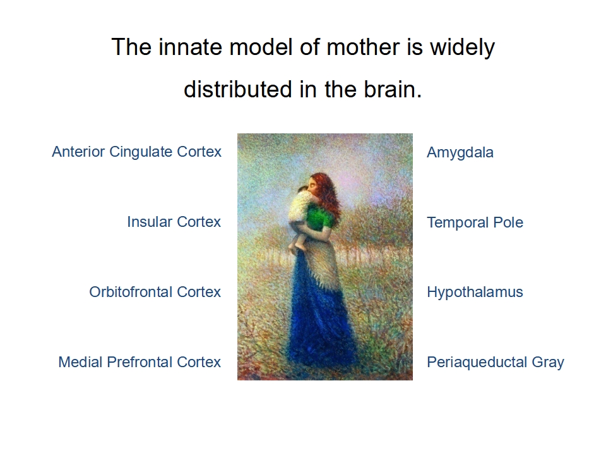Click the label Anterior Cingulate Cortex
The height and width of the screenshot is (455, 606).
137,152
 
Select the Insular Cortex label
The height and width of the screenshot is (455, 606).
174,222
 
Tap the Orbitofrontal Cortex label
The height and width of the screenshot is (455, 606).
155,292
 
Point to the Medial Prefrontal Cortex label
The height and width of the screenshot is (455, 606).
140,361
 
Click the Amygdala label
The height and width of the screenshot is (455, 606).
460,153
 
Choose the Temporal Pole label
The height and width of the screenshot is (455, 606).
475,222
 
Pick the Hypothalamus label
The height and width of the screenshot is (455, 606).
475,293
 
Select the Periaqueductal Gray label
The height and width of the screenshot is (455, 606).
496,363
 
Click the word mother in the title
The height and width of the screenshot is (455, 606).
362,47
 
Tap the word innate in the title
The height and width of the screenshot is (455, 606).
191,47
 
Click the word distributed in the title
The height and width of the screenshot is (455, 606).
238,89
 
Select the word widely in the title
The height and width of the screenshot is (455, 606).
463,48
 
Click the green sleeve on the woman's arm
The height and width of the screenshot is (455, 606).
320,216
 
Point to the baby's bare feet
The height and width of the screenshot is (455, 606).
299,245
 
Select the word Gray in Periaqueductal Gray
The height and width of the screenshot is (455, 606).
548,363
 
